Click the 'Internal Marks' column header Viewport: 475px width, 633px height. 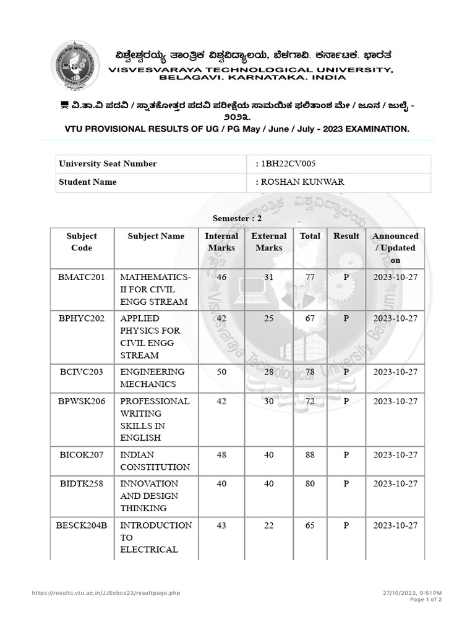221,242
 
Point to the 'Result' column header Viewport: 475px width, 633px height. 346,236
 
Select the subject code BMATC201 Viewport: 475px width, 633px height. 82,278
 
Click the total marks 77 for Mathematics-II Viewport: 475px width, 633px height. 310,278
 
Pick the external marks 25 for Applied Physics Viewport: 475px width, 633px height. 268,319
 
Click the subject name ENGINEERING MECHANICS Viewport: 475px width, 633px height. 152,378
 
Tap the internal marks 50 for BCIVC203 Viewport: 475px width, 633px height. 221,372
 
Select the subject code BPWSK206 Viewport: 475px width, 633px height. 82,402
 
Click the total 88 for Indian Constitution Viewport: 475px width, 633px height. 310,455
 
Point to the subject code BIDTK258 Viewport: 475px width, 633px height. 82,484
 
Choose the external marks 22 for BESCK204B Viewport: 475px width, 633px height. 268,525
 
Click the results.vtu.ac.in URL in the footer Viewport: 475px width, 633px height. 106,593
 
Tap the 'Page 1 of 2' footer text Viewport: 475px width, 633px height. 426,600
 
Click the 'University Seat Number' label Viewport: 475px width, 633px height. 108,164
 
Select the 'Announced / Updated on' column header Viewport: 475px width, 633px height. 395,248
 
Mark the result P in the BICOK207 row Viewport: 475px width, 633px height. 346,455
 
